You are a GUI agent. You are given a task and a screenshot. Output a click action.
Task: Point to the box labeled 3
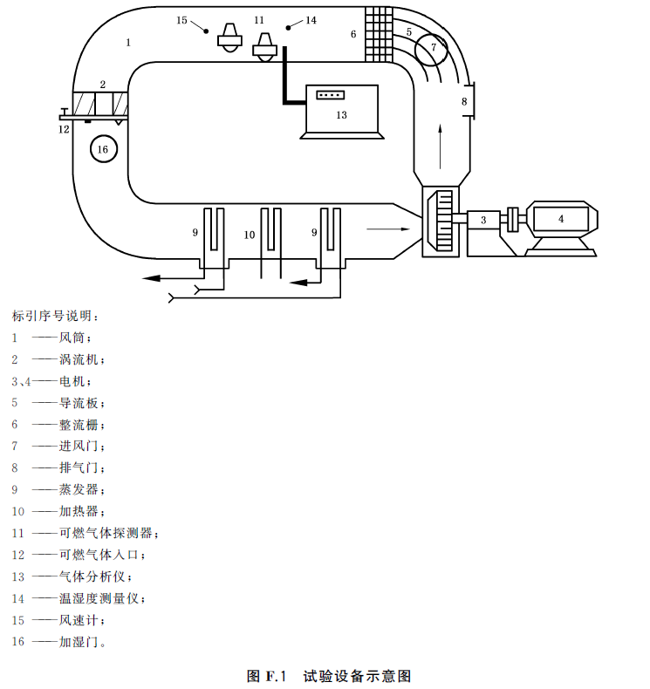(483, 220)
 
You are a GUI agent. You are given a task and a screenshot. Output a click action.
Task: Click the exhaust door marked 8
(471, 100)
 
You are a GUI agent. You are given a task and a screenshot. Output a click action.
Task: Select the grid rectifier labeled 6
(379, 34)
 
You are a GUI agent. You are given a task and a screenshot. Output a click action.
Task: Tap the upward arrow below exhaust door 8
(441, 147)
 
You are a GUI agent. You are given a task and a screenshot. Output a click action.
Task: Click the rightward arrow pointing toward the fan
(388, 229)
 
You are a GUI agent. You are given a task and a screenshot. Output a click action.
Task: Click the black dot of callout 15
(206, 31)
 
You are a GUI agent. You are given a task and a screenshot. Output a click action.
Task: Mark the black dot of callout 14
(288, 28)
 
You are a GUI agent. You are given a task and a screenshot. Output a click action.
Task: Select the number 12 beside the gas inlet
(64, 129)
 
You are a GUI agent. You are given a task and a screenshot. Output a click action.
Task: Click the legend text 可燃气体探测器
(106, 533)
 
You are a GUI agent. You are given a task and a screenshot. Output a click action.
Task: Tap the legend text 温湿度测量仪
(99, 598)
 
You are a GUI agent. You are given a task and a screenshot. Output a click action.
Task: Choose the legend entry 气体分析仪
(92, 576)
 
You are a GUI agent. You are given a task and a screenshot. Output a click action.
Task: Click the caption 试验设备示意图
(357, 676)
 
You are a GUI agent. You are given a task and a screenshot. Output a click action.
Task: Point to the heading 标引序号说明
(51, 316)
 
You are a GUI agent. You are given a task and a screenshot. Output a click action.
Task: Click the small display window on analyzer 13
(331, 94)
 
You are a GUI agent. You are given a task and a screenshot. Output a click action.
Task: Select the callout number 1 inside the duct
(128, 43)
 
